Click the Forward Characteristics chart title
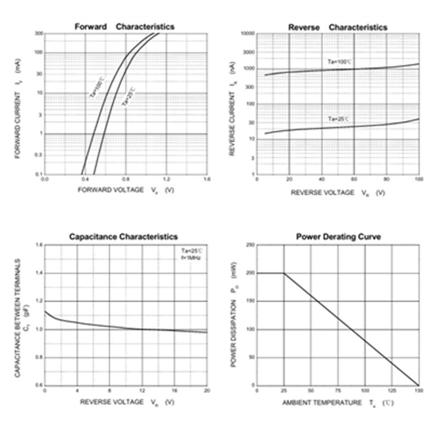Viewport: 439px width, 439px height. [x=124, y=26]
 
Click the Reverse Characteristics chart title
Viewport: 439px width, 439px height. [x=337, y=27]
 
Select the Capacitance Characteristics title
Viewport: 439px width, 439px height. [x=123, y=237]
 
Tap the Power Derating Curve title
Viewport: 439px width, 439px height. [x=339, y=237]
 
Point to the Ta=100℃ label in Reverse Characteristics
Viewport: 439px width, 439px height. [x=339, y=62]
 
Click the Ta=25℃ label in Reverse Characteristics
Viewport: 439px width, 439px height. [x=339, y=119]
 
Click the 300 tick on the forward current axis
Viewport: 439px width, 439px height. [x=39, y=33]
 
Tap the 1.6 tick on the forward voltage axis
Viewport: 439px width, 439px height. [x=207, y=179]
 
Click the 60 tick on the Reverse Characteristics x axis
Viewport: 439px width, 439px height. [x=354, y=179]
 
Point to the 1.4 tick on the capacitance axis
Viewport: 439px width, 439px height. [x=39, y=273]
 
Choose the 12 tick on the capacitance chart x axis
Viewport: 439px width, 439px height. [x=142, y=390]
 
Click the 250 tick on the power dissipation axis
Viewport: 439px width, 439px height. [x=251, y=245]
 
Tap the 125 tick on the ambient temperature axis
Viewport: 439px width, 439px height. [x=392, y=390]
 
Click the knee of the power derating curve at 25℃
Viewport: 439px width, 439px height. [x=284, y=273]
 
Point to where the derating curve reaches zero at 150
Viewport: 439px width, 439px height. [x=419, y=385]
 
